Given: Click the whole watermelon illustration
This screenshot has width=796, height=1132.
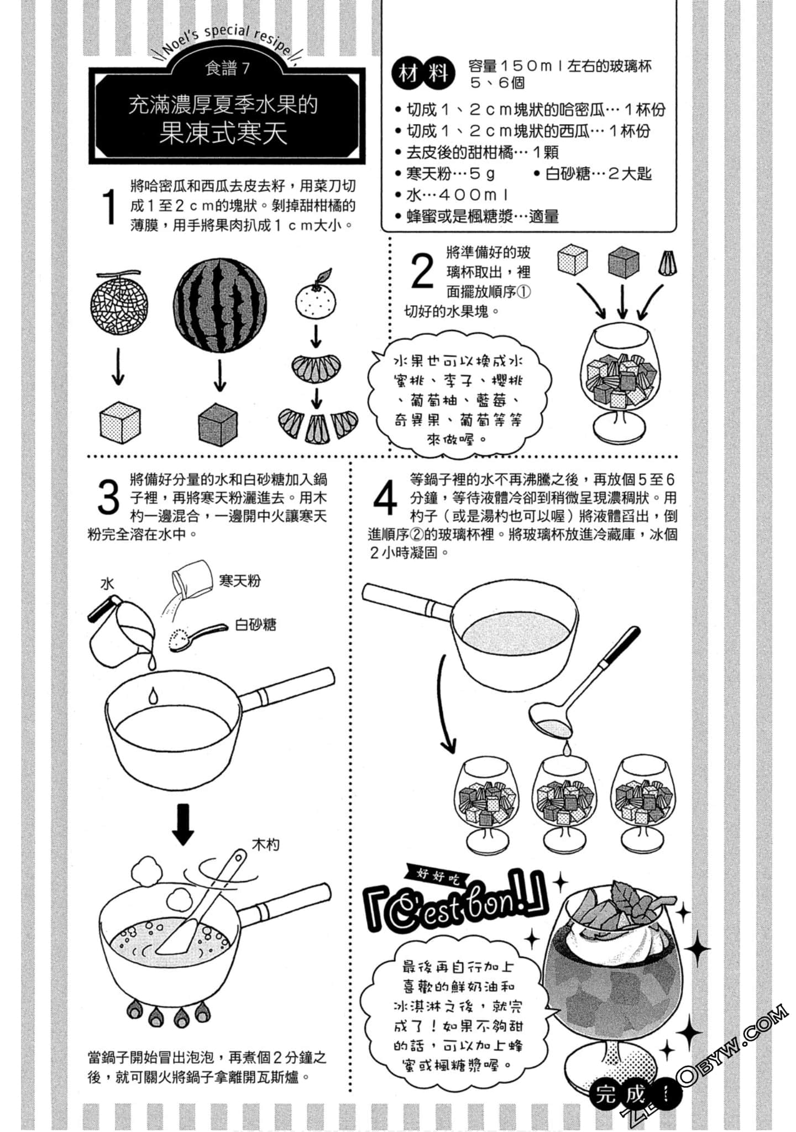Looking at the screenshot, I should pyautogui.click(x=219, y=306).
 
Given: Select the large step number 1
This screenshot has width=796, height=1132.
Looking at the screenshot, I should pyautogui.click(x=110, y=207).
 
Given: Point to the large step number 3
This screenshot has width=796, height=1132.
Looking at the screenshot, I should pyautogui.click(x=108, y=497).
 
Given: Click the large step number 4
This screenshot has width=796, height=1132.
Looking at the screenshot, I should pyautogui.click(x=385, y=498).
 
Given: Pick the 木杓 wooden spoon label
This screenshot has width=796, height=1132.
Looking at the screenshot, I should pyautogui.click(x=265, y=845).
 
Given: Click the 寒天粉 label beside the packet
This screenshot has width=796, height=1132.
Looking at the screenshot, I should pyautogui.click(x=239, y=580).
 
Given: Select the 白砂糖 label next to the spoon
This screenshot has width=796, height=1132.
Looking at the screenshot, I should pyautogui.click(x=255, y=625).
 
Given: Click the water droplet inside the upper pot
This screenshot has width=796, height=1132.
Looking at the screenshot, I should pyautogui.click(x=153, y=695).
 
